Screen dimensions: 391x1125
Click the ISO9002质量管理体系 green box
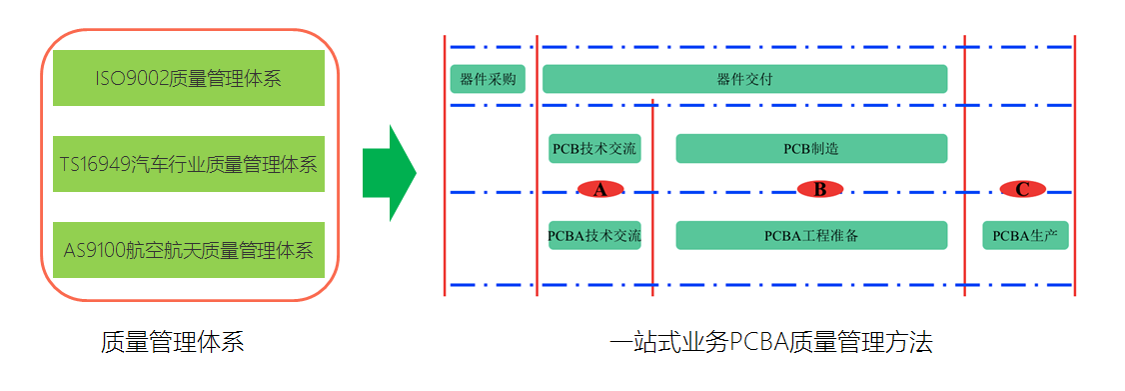(x=188, y=78)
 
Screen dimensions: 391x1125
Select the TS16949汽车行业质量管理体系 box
(x=188, y=164)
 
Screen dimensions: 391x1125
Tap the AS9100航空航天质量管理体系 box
(x=188, y=250)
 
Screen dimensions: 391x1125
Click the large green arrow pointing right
(x=390, y=174)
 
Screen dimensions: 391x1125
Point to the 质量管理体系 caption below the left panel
(x=172, y=343)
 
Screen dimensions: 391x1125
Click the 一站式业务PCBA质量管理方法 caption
(x=770, y=343)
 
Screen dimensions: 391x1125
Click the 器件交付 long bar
(x=744, y=79)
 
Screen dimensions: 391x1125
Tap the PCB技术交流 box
(x=594, y=149)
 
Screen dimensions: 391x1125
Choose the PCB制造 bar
(x=810, y=149)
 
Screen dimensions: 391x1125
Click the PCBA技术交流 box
(x=594, y=236)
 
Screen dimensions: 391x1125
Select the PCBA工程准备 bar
(x=810, y=236)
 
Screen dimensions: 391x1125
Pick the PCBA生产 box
(x=1025, y=236)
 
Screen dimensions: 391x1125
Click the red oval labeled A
(x=600, y=189)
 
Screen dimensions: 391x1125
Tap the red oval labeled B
(x=820, y=189)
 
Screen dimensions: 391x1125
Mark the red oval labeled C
(x=1022, y=189)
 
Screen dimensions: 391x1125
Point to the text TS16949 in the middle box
(x=96, y=164)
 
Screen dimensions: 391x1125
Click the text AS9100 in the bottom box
(x=95, y=250)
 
